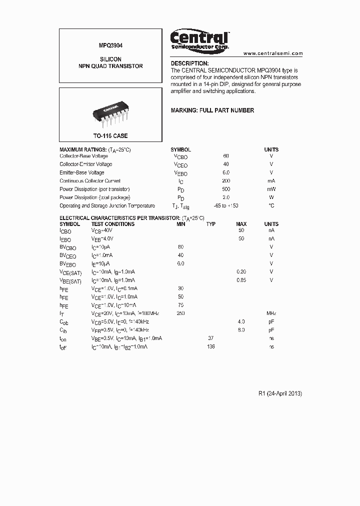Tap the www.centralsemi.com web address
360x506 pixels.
pos(273,53)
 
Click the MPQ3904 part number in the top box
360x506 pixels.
pos(110,45)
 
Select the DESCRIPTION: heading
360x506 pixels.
pos(189,63)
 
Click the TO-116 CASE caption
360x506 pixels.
pos(110,136)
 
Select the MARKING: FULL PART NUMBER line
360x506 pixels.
pos(212,110)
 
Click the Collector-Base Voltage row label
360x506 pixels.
pos(83,156)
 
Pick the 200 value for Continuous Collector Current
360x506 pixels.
pos(226,181)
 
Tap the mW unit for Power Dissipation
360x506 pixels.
pos(271,189)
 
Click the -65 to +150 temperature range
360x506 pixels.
pos(225,205)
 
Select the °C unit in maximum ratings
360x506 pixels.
pos(271,205)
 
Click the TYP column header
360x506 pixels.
pos(211,224)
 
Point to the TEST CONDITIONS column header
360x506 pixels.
pos(113,224)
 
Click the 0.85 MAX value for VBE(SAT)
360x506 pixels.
pos(241,280)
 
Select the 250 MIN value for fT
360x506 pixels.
pos(181,313)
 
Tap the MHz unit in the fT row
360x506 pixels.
pos(271,313)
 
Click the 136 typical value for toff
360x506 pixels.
pos(211,346)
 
